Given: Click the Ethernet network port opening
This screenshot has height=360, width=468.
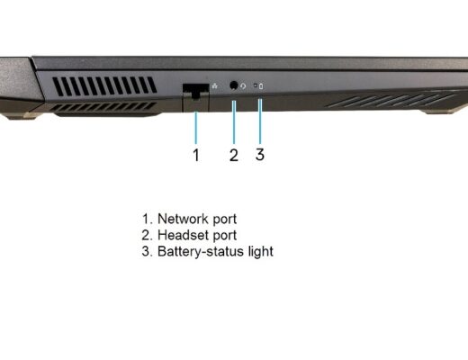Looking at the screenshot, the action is [195, 91].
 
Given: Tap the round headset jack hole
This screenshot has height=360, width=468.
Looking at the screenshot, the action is [233, 85].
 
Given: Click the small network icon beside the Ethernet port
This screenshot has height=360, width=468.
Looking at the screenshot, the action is [215, 86].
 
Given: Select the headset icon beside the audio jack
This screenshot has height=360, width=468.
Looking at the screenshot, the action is [243, 86].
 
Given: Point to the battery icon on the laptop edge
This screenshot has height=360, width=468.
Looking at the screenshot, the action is [261, 86].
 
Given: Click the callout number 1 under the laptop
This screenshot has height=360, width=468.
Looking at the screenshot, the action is [196, 155].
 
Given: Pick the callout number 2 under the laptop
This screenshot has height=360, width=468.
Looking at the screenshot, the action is [234, 155].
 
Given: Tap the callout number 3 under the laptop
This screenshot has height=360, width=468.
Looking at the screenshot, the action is [260, 155].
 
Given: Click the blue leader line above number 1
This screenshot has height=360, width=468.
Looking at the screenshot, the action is [196, 128].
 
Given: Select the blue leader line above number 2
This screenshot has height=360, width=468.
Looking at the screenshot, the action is [234, 122].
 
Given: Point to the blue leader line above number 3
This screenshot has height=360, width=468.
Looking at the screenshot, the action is [260, 121].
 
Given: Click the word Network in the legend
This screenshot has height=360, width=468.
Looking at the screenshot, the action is [183, 219].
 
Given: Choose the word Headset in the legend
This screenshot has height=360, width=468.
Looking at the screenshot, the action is [183, 235].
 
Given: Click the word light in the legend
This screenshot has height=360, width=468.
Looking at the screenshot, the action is [261, 251].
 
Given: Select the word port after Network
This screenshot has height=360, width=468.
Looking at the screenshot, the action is [225, 220].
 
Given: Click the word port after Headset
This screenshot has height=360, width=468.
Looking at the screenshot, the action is [225, 236].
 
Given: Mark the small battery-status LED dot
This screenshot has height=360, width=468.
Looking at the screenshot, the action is [256, 85].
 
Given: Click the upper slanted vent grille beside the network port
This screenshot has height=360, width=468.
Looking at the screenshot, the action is [104, 86].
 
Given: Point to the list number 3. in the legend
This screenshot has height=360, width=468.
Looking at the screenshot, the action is [147, 251].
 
